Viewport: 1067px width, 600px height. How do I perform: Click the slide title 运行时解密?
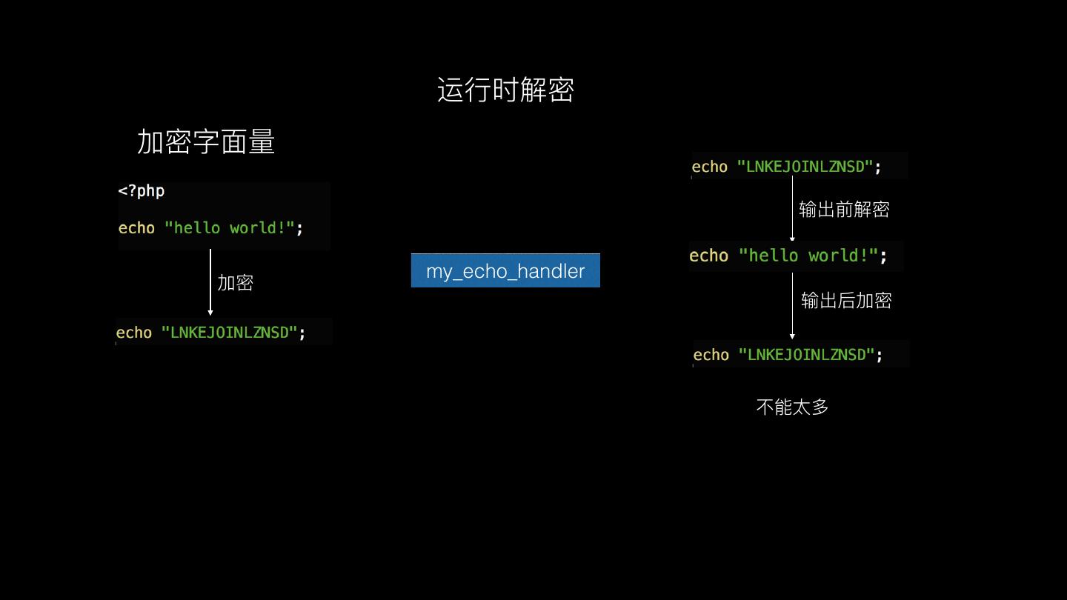point(505,90)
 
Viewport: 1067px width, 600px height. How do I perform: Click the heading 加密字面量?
point(206,141)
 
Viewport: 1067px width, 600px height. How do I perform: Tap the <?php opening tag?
point(142,191)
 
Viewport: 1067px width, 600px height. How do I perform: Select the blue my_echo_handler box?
point(505,270)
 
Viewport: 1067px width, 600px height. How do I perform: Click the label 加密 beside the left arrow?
point(236,283)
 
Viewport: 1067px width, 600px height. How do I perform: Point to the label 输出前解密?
point(844,210)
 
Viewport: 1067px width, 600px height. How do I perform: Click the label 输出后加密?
point(846,301)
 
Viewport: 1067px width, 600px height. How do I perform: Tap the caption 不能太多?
point(792,407)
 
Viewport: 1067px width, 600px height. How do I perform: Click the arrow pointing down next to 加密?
point(210,282)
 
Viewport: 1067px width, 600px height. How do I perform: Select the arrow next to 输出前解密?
point(792,209)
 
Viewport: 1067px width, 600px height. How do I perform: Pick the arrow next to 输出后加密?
point(792,305)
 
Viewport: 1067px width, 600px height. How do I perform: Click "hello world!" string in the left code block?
point(229,228)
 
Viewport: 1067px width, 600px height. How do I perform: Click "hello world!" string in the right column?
point(808,256)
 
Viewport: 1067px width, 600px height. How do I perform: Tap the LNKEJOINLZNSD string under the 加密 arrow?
point(229,333)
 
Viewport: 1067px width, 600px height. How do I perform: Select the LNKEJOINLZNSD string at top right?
point(805,167)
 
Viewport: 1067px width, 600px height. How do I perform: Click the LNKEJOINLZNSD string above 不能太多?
point(806,355)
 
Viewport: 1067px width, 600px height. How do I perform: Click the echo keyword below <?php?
point(137,228)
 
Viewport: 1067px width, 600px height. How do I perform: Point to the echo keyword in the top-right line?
point(710,167)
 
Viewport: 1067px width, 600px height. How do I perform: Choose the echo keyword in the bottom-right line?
point(711,355)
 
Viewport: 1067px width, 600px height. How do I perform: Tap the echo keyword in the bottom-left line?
point(134,333)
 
